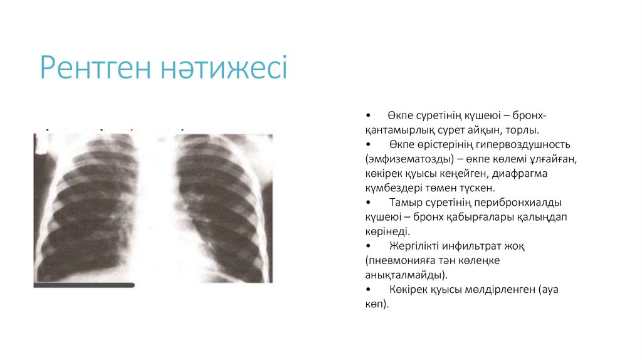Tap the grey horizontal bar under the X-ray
[84, 285]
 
